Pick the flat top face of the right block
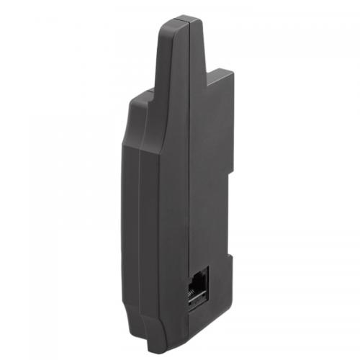click(x=220, y=72)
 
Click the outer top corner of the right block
click(x=233, y=71)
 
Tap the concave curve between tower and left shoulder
click(x=155, y=90)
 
